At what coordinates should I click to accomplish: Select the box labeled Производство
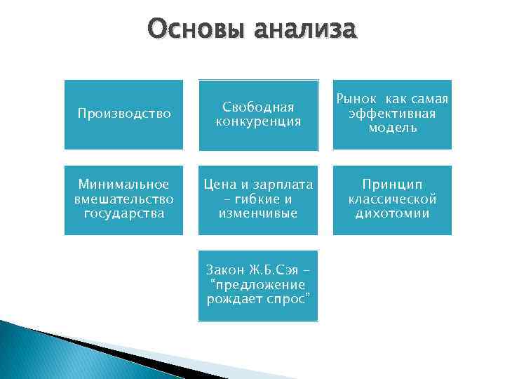tap(123, 114)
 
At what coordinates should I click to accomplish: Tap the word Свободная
tap(258, 107)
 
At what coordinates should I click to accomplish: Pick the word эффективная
tap(392, 114)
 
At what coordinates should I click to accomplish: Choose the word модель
tap(392, 128)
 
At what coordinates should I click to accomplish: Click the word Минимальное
tap(123, 185)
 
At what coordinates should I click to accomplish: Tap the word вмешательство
tap(123, 199)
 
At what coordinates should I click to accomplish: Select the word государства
tap(123, 213)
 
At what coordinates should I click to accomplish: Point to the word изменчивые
tap(258, 213)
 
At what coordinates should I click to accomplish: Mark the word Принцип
tap(392, 185)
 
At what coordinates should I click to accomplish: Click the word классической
tap(392, 199)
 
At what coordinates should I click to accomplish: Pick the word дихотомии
tap(392, 213)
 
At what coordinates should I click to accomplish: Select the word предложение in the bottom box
tap(258, 285)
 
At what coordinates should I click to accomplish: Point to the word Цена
tap(220, 185)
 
